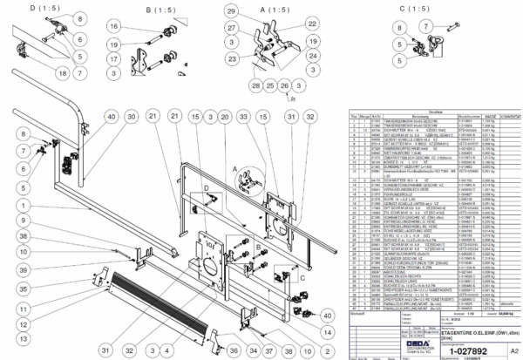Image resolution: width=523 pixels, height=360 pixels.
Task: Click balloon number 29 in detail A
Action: pos(232,11)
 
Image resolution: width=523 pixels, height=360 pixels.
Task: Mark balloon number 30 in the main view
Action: pos(131,116)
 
